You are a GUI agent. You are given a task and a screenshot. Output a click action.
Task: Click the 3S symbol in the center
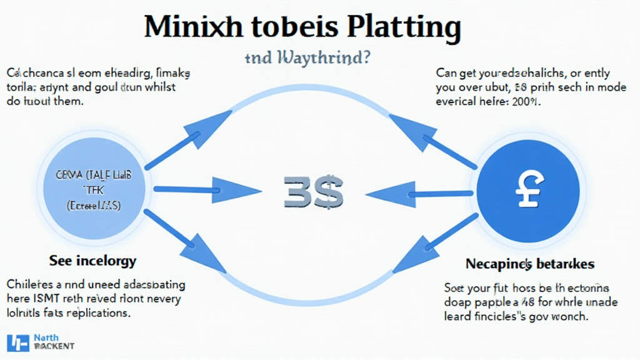tap(313, 191)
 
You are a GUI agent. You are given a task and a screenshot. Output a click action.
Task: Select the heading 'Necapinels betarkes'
tap(530, 264)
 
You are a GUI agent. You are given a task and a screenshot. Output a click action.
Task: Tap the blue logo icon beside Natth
tap(17, 342)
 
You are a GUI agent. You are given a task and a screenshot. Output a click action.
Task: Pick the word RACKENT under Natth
tap(54, 346)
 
